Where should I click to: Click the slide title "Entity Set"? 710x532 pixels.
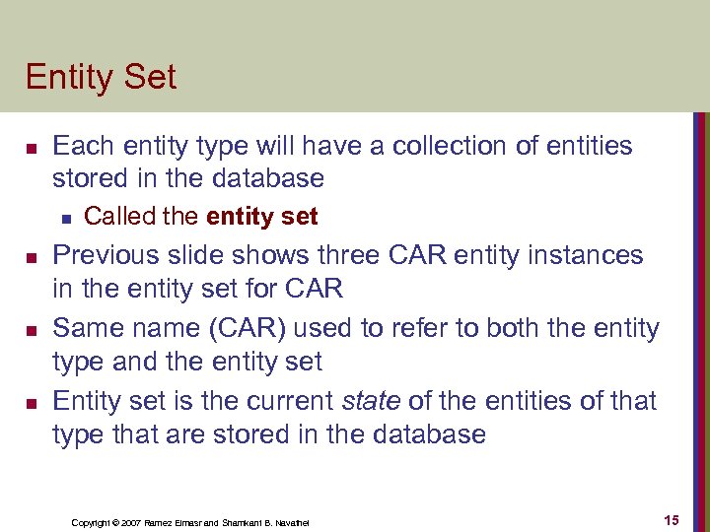coord(101,77)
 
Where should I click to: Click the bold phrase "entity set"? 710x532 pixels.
coord(261,216)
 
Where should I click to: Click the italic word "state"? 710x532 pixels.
coord(370,401)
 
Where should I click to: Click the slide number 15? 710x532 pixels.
coord(671,520)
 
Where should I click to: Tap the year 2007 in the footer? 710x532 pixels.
coord(130,522)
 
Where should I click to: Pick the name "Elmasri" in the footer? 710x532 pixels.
coord(188,522)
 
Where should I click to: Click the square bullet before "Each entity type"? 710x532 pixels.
coord(31,149)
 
